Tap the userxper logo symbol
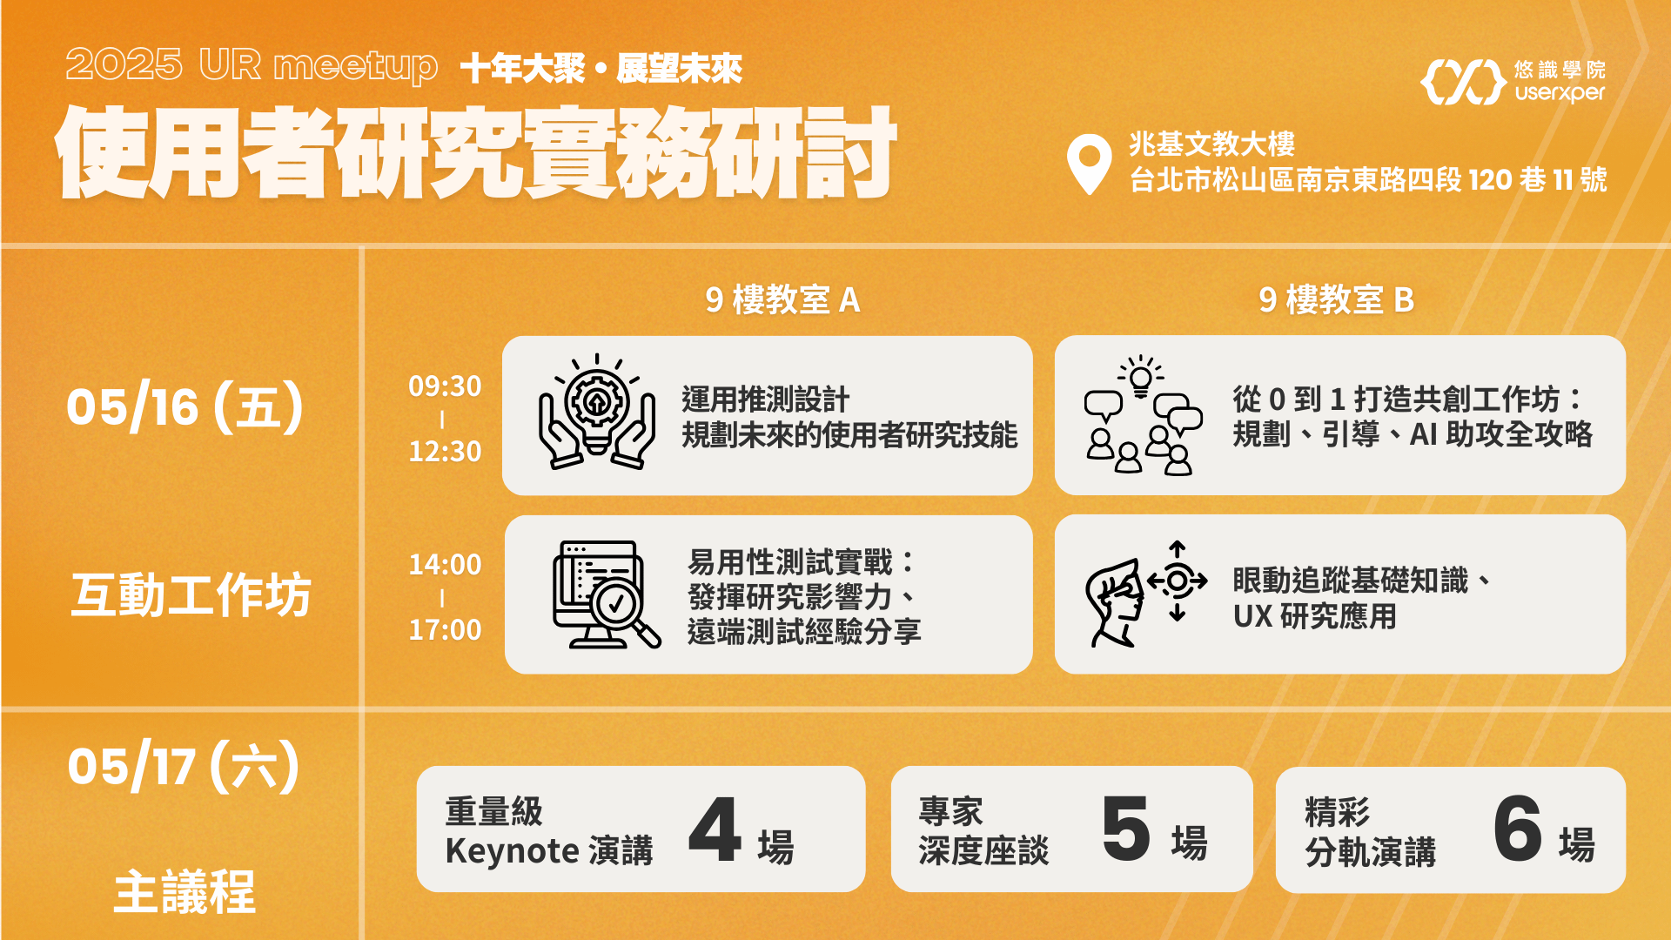pos(1463,82)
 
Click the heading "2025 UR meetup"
pos(252,66)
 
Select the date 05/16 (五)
pos(185,406)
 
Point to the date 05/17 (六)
pos(184,767)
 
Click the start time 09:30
pos(445,386)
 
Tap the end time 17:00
pos(445,629)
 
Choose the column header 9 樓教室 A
pos(782,300)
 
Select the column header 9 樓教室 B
pos(1336,300)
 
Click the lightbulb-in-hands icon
pos(597,412)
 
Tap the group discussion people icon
pos(1144,415)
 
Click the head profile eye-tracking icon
pos(1146,594)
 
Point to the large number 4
pos(715,829)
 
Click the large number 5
pos(1126,829)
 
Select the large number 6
pos(1518,829)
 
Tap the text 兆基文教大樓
pos(1211,144)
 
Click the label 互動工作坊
pos(191,595)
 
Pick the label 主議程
pos(185,892)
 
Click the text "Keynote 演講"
pos(549,850)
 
